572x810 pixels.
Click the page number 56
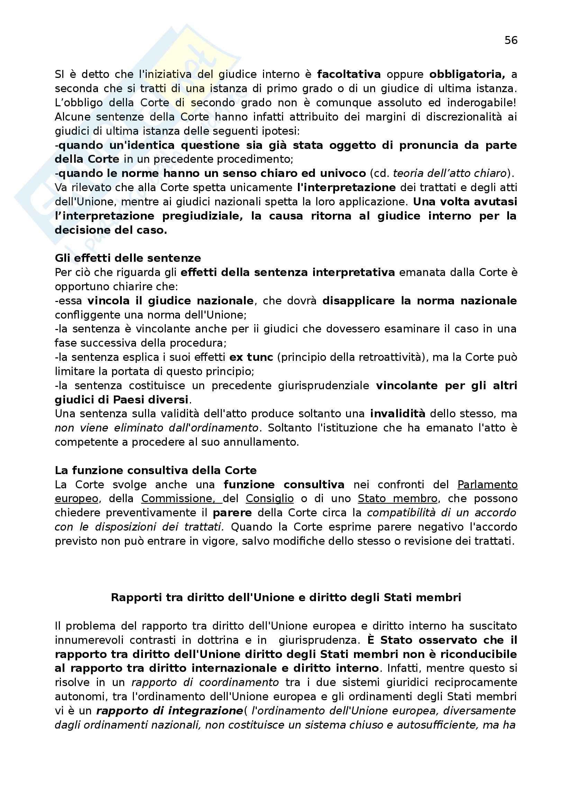511,40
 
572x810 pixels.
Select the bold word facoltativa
349,74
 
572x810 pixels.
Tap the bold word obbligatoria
466,74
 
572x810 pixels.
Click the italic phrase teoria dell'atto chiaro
450,173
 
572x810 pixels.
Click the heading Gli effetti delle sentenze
128,258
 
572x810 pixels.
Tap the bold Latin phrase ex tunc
251,357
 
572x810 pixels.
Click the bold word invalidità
398,413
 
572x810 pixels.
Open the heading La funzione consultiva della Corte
156,470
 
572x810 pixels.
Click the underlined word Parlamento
487,484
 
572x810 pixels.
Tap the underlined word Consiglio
270,498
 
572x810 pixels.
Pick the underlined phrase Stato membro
398,498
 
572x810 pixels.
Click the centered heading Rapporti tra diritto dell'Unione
286,597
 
